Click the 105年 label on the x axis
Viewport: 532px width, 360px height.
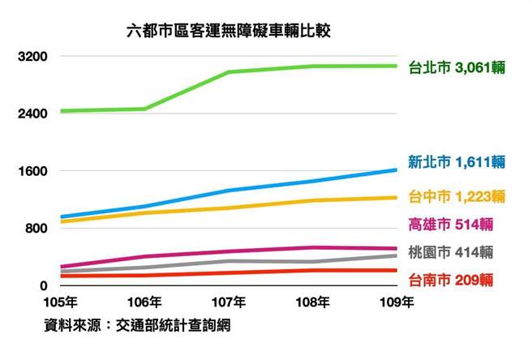click(62, 303)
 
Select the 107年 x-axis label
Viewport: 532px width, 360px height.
click(230, 303)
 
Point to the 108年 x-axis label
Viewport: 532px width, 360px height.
click(313, 303)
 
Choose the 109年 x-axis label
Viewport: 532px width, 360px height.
click(397, 303)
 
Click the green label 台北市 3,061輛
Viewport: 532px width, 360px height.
click(458, 66)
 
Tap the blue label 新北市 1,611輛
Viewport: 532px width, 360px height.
click(458, 162)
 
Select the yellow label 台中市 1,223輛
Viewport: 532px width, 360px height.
click(458, 196)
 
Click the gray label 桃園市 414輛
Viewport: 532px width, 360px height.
click(453, 252)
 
